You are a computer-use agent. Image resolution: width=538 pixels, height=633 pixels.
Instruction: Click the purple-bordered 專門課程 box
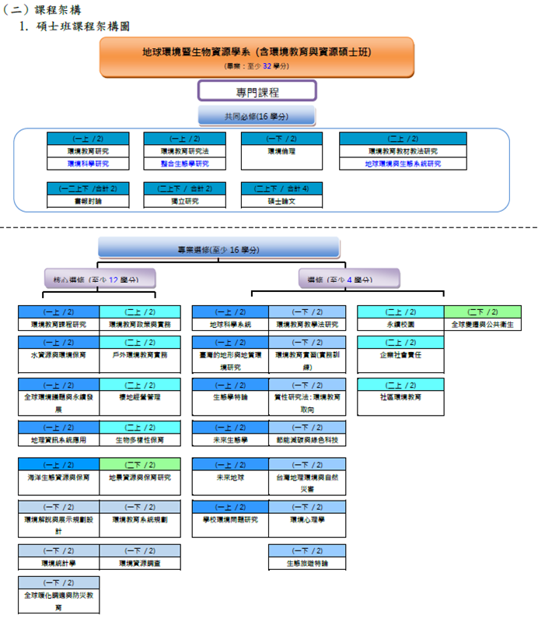click(257, 91)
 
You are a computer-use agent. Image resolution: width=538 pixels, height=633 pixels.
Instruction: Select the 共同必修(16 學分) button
click(257, 116)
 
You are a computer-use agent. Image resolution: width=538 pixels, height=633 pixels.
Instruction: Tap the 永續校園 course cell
click(400, 324)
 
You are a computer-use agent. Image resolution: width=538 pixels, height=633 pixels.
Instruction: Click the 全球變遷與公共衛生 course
click(482, 324)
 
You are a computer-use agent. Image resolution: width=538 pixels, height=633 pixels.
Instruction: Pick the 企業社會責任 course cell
click(400, 354)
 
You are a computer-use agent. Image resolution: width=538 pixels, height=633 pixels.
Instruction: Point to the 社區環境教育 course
click(400, 397)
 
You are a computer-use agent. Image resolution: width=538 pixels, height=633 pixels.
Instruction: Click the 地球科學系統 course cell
click(231, 324)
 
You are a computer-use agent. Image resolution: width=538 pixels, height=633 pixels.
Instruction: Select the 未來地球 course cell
click(231, 477)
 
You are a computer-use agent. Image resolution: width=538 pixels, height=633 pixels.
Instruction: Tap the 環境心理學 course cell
click(308, 519)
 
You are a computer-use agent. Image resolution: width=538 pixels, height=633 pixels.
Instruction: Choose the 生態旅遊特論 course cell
click(308, 562)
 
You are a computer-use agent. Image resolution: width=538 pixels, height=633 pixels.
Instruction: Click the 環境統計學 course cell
click(59, 562)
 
